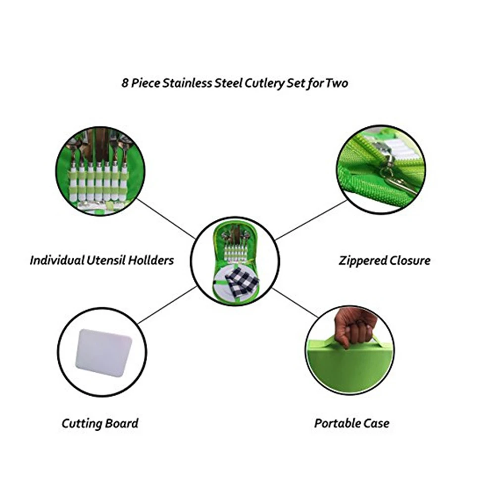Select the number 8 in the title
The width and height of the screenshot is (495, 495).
click(x=125, y=83)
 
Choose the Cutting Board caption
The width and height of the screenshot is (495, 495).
click(x=100, y=424)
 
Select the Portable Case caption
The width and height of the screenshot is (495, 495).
click(x=351, y=424)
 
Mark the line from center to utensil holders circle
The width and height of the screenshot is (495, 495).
click(x=166, y=218)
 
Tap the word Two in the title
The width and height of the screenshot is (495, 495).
click(x=337, y=83)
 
